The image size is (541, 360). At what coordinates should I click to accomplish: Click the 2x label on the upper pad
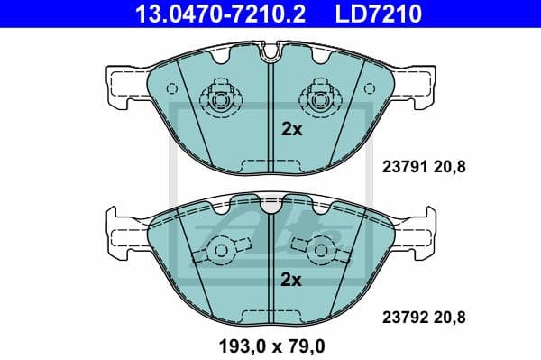(x=291, y=129)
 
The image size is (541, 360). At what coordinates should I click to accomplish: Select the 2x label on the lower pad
(x=291, y=281)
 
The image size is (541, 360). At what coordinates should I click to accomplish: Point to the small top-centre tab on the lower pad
(x=271, y=204)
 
